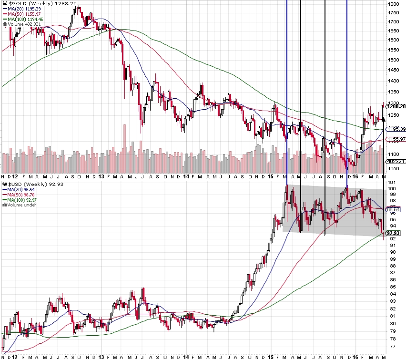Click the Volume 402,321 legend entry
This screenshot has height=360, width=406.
point(23,24)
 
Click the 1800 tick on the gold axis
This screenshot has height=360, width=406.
point(394,4)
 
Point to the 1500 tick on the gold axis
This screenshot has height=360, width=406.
point(394,60)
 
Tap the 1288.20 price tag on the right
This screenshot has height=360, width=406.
point(396,106)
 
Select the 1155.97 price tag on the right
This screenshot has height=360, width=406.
point(396,139)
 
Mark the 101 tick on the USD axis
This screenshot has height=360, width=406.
point(392,183)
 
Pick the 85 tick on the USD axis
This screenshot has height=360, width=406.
point(392,287)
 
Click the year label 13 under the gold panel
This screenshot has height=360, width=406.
point(101,176)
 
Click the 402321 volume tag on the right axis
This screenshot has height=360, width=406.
point(396,162)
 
